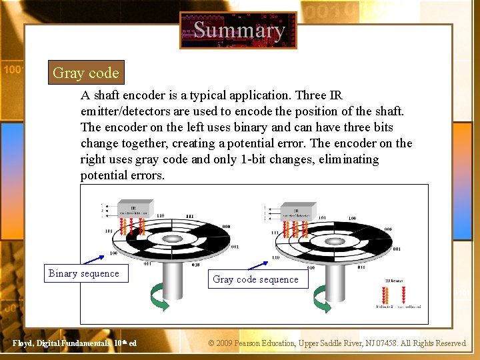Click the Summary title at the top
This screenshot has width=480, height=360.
(x=238, y=30)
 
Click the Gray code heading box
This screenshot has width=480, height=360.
(x=85, y=73)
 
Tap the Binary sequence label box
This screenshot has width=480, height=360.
(x=84, y=273)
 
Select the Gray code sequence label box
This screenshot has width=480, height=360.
(x=255, y=279)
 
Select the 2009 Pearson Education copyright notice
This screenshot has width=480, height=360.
(x=337, y=343)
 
